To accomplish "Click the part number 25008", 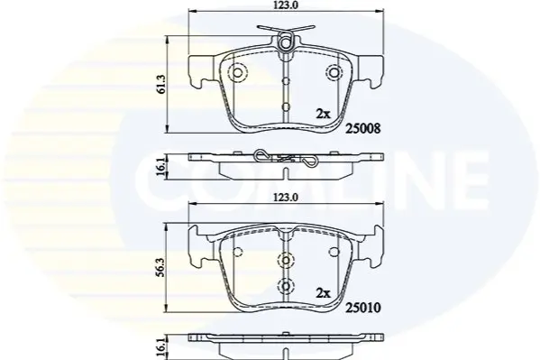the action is pyautogui.click(x=363, y=129).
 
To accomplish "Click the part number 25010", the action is pyautogui.click(x=363, y=308).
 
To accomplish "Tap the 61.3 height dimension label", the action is pyautogui.click(x=162, y=84).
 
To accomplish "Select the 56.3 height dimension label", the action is pyautogui.click(x=162, y=266).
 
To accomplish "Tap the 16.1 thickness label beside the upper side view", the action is pyautogui.click(x=162, y=167).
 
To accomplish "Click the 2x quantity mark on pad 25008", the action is pyautogui.click(x=323, y=114).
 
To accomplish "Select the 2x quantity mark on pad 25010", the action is pyautogui.click(x=323, y=293).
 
